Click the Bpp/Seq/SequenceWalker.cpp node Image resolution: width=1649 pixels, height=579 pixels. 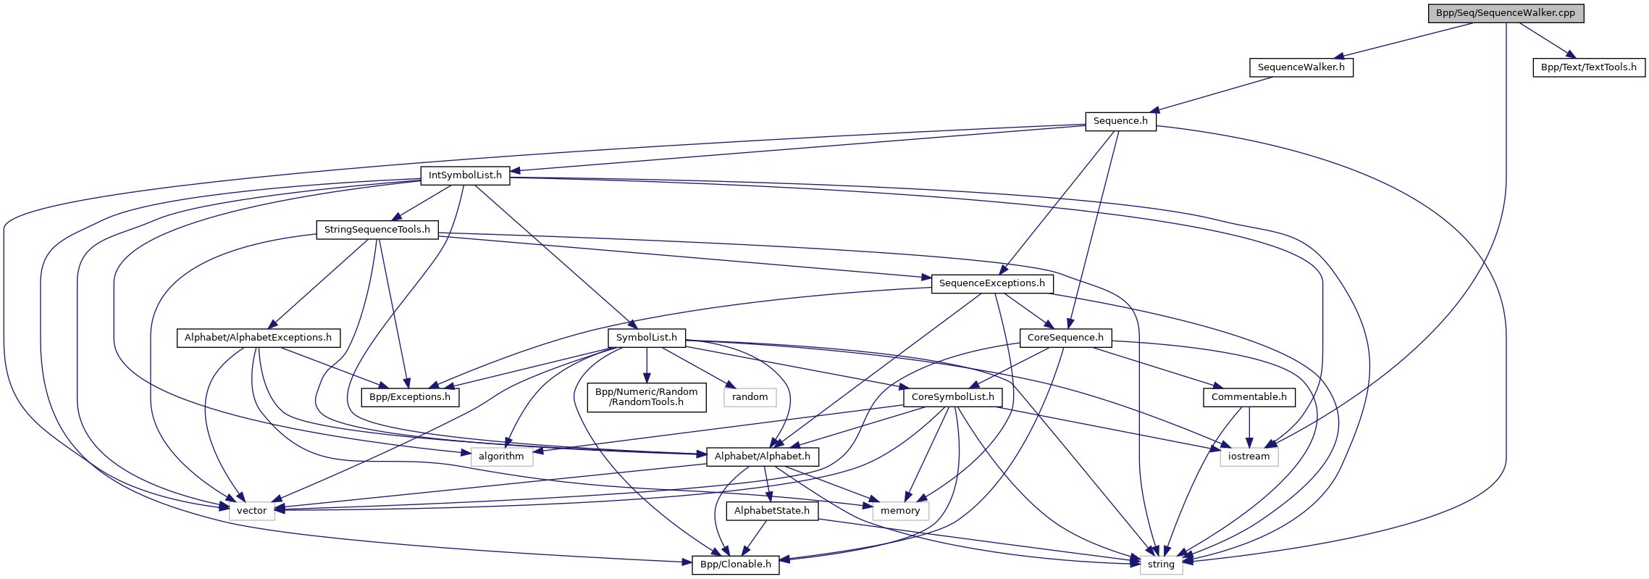coord(1506,13)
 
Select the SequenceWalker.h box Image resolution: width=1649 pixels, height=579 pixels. coord(1301,67)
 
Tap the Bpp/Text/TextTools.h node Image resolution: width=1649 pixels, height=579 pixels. coord(1588,67)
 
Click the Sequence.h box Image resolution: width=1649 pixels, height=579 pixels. coord(1120,121)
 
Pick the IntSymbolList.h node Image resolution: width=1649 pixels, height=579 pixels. coord(465,175)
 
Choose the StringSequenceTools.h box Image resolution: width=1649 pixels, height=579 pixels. coord(377,230)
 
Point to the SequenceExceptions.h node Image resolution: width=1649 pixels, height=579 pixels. coord(991,283)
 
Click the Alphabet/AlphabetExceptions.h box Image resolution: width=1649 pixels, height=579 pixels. coord(258,338)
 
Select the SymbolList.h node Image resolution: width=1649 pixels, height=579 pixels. coord(646,338)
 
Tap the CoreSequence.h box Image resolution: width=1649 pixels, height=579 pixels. coord(1065,338)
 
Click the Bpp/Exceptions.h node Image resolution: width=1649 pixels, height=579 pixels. coord(410,397)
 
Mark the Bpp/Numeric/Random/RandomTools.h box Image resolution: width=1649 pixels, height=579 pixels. coord(646,397)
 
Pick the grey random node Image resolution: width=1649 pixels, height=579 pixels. coord(750,397)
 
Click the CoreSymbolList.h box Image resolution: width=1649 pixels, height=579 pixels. coord(953,397)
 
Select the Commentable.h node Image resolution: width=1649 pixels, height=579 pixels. coord(1249,397)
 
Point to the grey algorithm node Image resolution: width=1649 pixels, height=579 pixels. coord(501,457)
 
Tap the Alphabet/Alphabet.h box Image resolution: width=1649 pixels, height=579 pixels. coord(763,457)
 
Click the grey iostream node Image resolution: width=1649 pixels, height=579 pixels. coord(1249,457)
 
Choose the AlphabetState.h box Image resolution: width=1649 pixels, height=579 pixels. coord(772,511)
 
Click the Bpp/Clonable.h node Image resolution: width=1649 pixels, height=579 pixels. coord(735,565)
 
